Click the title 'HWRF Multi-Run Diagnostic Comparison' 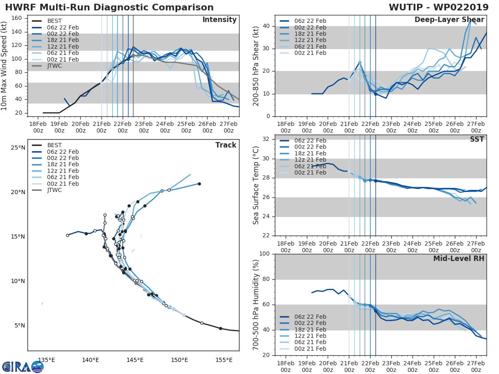coord(109,7)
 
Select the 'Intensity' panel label coord(219,20)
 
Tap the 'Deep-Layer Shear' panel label coord(449,20)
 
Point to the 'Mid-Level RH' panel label coord(459,258)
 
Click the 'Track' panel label coord(226,145)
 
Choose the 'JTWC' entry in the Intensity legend coord(54,66)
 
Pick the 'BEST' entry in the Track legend coord(54,145)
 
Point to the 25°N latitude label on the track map coord(17,148)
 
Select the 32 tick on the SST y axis coord(266,139)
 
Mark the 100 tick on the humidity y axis coord(264,254)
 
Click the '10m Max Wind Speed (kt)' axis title coord(5,66)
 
